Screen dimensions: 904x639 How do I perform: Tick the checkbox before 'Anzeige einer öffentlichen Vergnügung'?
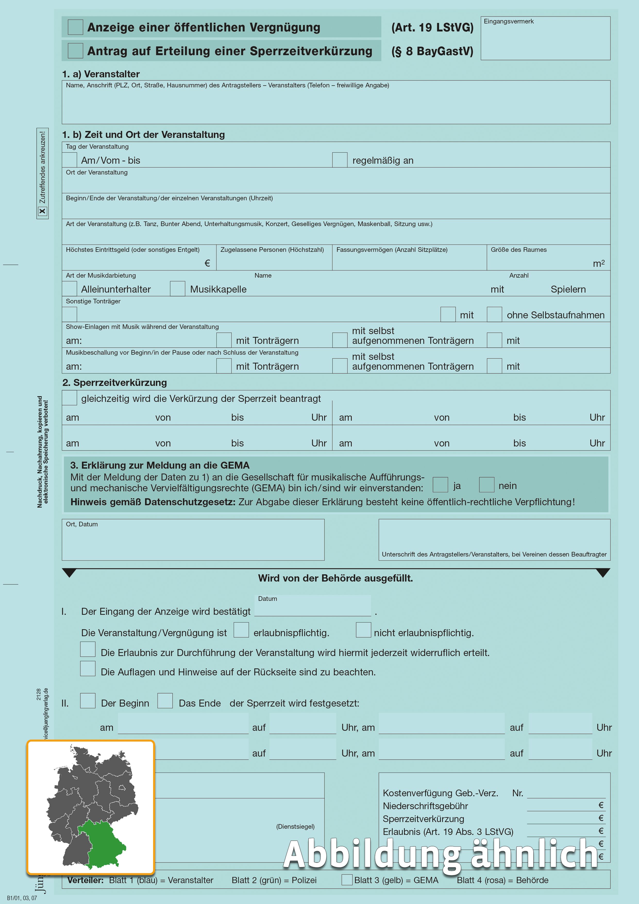click(x=75, y=27)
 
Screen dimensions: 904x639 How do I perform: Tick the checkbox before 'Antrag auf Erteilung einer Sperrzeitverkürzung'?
click(x=75, y=51)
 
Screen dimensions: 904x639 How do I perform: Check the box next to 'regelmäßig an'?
click(x=340, y=160)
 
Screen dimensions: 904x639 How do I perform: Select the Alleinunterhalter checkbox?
click(x=70, y=289)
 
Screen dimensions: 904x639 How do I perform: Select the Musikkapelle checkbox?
click(x=178, y=289)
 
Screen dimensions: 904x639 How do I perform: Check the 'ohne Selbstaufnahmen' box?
click(x=494, y=314)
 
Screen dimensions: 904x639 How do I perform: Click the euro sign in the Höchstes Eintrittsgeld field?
click(x=207, y=263)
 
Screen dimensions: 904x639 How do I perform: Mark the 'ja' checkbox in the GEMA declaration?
click(x=440, y=485)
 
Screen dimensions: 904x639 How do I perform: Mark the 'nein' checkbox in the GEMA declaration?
click(x=486, y=485)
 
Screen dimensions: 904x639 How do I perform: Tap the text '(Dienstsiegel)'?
click(x=295, y=826)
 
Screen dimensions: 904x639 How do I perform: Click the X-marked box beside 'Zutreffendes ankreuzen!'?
click(x=43, y=211)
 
